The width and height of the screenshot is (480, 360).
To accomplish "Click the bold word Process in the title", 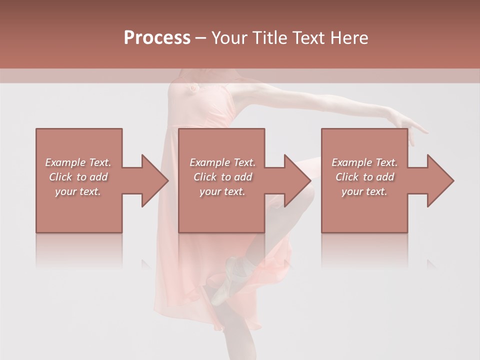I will coord(157,38).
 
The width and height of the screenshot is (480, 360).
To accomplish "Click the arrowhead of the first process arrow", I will coord(154,180).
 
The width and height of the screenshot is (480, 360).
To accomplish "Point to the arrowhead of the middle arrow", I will coord(297,180).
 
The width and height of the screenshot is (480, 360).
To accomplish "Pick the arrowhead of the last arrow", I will coord(440,180).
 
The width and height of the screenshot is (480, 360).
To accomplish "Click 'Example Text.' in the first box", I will coord(78,162).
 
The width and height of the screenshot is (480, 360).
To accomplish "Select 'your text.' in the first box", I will coord(78,191).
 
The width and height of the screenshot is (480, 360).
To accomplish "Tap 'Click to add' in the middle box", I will coord(222,177).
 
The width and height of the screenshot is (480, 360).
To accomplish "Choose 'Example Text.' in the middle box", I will coord(222,162).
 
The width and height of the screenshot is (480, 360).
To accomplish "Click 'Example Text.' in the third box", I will coord(364,162).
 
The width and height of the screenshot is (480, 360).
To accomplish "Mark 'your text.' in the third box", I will coord(364,191).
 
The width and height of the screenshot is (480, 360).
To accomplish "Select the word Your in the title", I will coord(229,38).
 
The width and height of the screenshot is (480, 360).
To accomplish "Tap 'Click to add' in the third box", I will coord(364,177).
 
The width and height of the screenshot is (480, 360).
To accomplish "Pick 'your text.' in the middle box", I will coord(222,191).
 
